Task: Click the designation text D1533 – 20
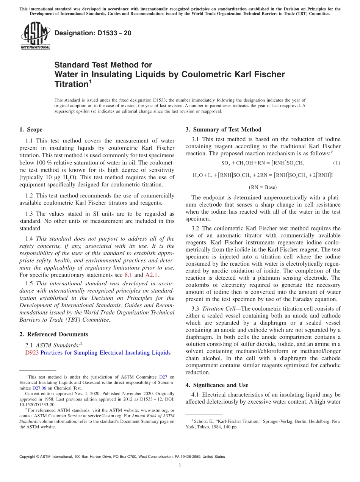click(93, 33)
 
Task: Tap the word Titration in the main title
click(71, 85)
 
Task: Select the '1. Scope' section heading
click(31, 130)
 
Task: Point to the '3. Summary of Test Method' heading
click(223, 130)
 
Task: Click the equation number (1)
click(337, 163)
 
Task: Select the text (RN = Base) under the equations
click(263, 187)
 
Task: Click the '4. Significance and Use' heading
click(217, 385)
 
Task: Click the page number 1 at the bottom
click(180, 465)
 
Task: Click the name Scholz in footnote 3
click(201, 421)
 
